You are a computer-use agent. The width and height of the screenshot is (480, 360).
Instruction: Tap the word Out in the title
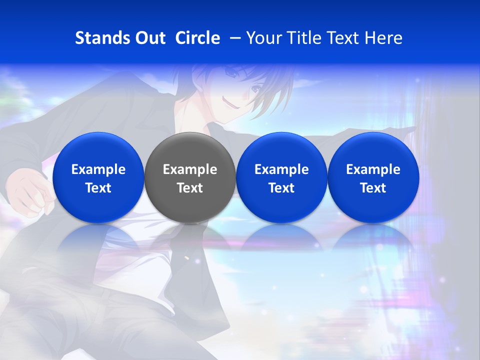[x=149, y=38]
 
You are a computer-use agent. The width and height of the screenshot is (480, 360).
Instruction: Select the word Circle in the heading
[x=197, y=38]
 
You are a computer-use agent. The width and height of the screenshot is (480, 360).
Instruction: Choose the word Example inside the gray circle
[x=190, y=169]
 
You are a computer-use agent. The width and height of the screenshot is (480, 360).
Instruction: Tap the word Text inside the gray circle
[x=190, y=188]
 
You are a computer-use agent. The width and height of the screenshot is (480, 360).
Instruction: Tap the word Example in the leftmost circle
[x=98, y=169]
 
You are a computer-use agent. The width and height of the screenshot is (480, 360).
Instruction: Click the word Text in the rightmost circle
[x=373, y=188]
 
